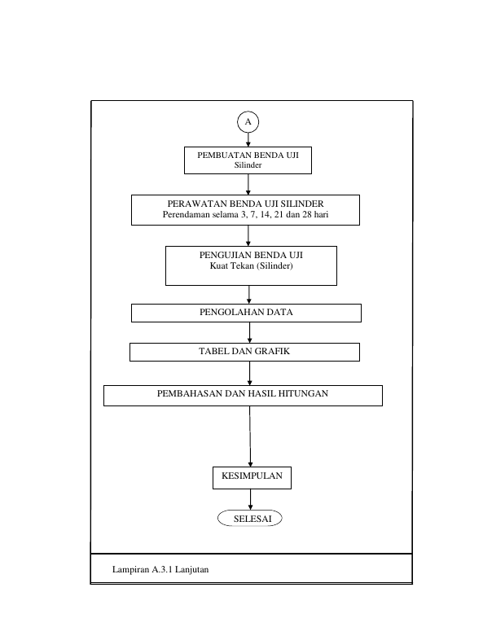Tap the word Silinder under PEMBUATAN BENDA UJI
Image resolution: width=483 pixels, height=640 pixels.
(x=248, y=165)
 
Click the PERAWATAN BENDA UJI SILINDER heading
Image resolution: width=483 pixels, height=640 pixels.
(x=245, y=204)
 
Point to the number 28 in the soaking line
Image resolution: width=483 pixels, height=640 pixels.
(x=307, y=214)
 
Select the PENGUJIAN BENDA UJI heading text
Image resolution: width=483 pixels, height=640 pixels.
(x=251, y=255)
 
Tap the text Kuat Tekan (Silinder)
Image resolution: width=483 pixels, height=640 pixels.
(x=251, y=265)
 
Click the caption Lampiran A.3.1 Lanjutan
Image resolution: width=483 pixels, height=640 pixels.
(x=160, y=569)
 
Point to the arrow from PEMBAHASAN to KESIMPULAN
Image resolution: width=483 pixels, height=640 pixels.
(x=250, y=436)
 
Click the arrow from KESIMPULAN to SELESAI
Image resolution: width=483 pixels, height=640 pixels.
(x=250, y=499)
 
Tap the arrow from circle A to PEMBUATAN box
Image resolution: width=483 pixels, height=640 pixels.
(x=248, y=139)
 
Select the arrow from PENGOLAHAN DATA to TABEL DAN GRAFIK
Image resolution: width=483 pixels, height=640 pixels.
(x=249, y=333)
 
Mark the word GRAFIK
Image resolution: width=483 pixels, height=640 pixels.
(x=272, y=351)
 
